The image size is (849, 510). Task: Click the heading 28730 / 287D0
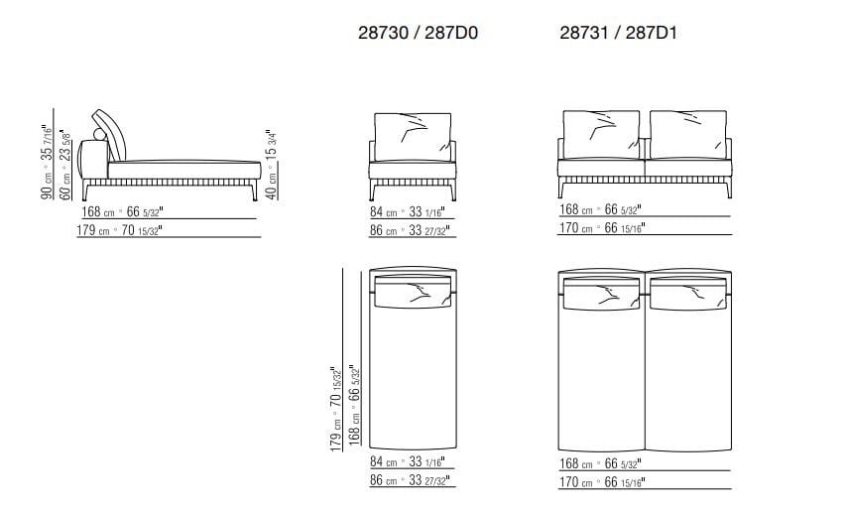(417, 33)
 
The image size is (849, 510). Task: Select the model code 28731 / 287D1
(618, 33)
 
